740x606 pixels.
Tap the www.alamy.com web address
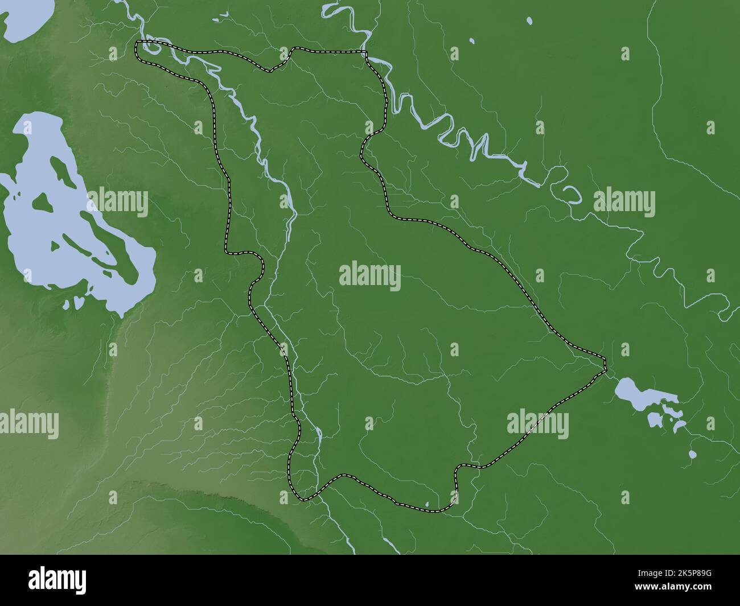point(684,591)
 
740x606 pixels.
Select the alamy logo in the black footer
point(57,579)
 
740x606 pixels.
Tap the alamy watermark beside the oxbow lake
point(624,202)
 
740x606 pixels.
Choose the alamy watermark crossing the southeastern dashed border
point(537,424)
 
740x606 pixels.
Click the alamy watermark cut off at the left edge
point(28,424)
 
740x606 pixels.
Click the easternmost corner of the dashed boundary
point(605,362)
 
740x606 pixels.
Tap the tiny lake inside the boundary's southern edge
point(427,504)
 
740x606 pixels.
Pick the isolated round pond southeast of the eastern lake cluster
point(692,455)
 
